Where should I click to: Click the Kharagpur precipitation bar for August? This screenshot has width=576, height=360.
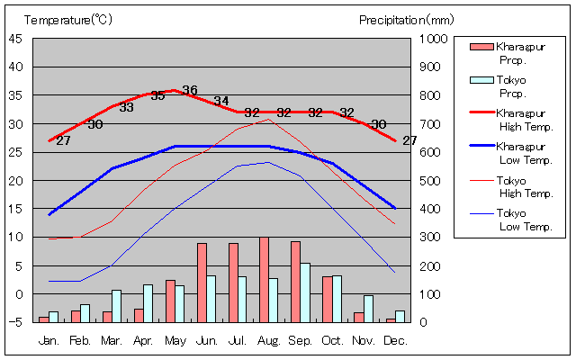click(x=264, y=279)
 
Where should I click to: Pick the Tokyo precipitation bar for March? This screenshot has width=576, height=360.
click(x=116, y=306)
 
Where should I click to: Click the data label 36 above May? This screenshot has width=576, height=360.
click(x=189, y=90)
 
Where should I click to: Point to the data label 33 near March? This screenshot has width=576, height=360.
click(x=126, y=107)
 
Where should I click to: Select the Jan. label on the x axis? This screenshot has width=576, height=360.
click(x=49, y=341)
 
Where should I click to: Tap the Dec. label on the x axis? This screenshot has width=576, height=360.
click(x=394, y=341)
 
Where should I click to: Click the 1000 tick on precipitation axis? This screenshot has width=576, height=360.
click(x=435, y=39)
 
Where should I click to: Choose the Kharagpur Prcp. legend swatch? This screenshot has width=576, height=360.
click(x=481, y=47)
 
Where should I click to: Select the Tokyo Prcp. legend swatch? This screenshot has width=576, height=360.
click(x=481, y=80)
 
